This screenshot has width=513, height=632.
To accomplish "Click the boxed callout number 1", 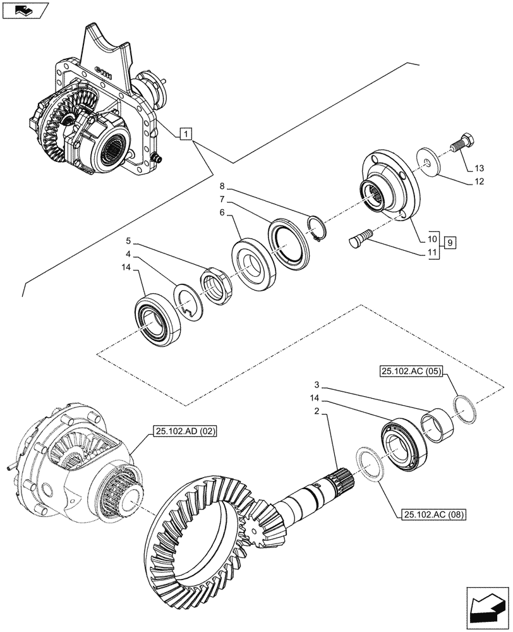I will (x=185, y=133).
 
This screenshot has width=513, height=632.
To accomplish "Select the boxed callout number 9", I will (x=449, y=242).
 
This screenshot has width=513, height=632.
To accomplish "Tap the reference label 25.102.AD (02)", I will (x=184, y=432).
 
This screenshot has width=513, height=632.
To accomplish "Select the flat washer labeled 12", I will (x=430, y=163).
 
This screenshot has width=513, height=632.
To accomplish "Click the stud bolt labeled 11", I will (x=359, y=238).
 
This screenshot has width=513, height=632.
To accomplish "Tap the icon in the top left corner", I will (x=25, y=9).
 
